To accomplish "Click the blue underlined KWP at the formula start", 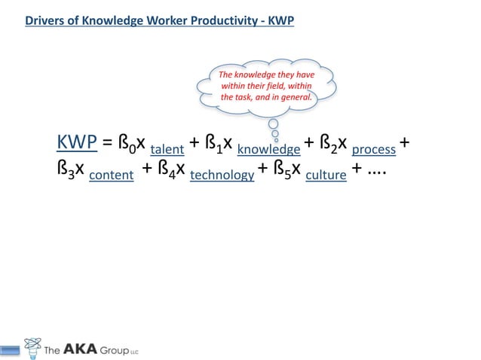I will point(77,142).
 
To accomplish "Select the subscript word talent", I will point(167,149).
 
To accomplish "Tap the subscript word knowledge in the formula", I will point(268,149).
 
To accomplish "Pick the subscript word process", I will point(374,149).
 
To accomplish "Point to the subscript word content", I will point(111,175).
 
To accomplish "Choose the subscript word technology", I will point(222,175).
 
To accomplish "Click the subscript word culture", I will point(326,175).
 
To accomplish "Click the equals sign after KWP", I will point(107,143).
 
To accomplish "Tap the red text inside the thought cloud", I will point(265,86).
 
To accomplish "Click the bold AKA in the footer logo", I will point(87,349).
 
